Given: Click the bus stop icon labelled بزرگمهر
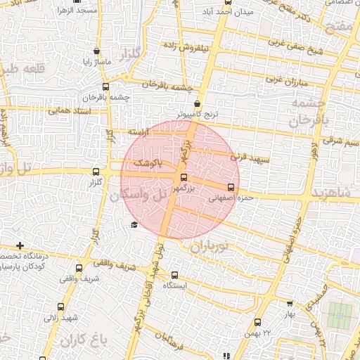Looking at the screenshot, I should (184, 178).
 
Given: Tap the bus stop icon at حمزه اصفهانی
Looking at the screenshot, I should (231, 187).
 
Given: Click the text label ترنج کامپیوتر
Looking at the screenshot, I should (199, 113).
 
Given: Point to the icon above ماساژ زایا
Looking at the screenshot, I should (96, 52).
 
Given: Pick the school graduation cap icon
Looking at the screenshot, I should (134, 224).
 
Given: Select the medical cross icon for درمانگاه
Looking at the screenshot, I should (20, 246).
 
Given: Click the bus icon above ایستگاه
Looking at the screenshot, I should (175, 276).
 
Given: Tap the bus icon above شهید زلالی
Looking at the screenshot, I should (60, 307).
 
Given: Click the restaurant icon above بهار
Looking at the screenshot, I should (289, 303).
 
